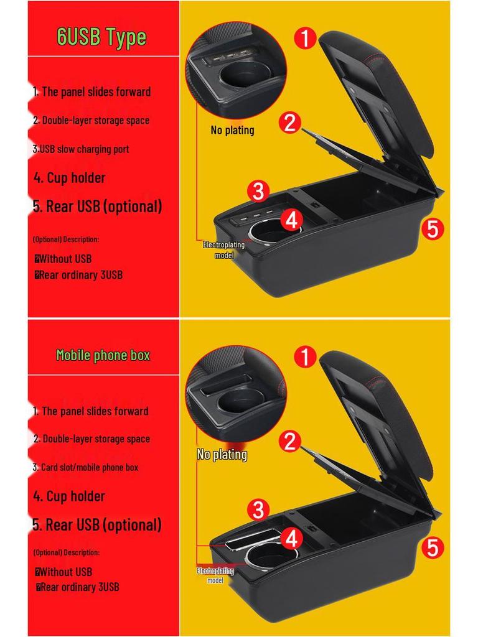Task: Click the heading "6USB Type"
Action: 101,36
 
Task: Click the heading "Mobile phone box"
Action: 103,355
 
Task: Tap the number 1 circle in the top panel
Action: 305,38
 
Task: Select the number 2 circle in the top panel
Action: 290,123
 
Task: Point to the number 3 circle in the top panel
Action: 258,191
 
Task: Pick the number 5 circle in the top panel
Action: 433,229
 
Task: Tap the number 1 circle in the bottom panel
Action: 305,357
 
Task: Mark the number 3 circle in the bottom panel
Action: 258,511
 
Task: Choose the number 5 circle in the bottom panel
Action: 433,548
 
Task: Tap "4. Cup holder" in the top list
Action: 69,178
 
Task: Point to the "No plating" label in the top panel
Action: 232,130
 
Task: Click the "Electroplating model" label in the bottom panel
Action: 215,575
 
